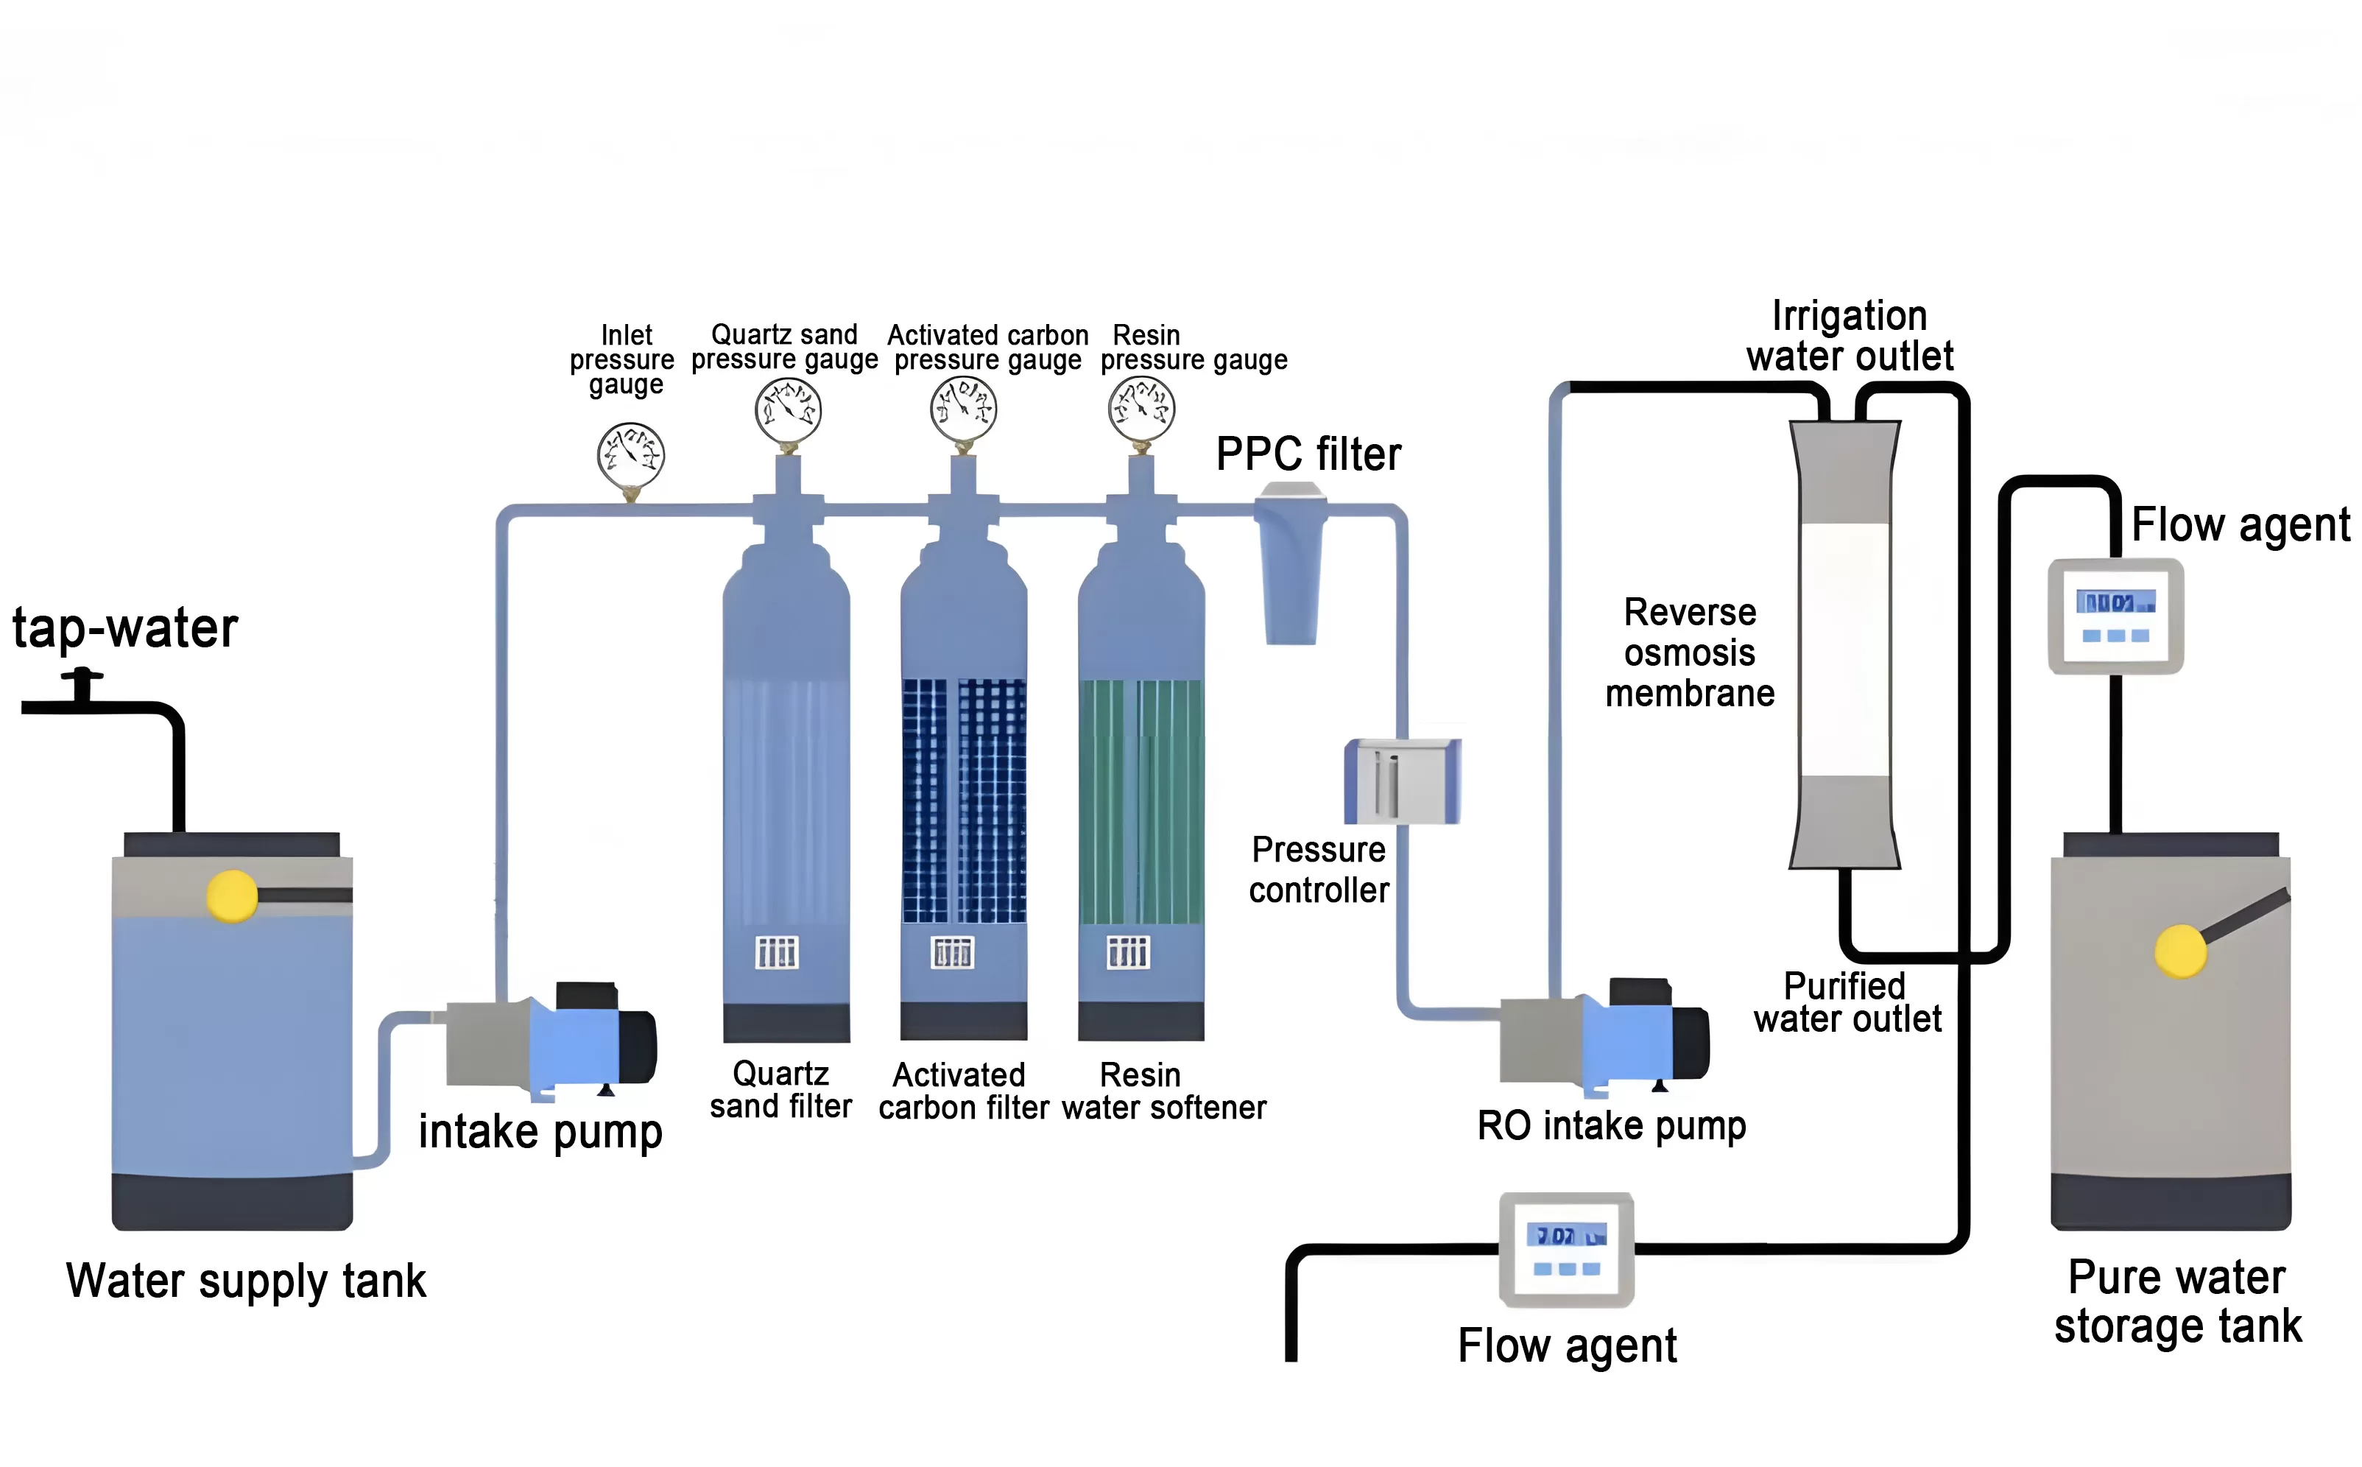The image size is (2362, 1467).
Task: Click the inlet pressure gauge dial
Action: point(630,455)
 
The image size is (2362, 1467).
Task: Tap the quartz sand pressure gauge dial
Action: point(788,409)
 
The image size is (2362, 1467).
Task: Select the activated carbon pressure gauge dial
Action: point(963,409)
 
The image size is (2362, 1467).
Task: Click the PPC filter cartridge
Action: point(1290,568)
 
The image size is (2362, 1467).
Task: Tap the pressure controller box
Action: point(1403,781)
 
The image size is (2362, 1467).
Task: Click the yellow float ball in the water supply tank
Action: point(232,895)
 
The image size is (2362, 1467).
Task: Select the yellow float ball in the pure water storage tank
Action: point(2179,951)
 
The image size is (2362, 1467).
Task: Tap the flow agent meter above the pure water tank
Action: point(2115,615)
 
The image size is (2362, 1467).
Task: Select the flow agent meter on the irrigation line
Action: point(1567,1250)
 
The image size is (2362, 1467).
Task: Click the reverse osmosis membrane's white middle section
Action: point(1844,648)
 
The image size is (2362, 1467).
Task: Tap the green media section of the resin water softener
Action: point(1141,801)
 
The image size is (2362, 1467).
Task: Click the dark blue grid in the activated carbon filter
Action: point(963,801)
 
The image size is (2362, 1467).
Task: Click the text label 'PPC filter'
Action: point(1308,454)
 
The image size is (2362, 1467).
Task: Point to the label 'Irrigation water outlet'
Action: point(1849,336)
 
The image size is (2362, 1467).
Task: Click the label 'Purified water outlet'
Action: point(1847,1002)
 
